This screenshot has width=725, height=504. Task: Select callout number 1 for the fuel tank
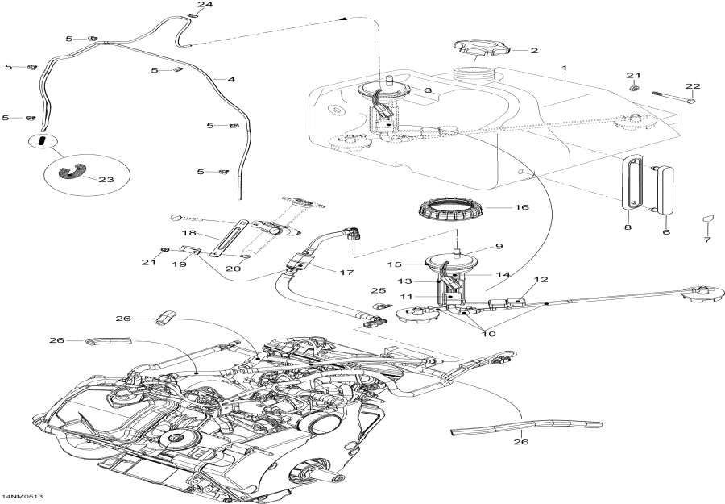point(565,69)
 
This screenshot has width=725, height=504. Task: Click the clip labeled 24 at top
point(194,16)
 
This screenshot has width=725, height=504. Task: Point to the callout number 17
point(347,273)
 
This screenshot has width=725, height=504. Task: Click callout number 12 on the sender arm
point(541,280)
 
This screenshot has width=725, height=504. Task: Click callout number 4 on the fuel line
point(231,80)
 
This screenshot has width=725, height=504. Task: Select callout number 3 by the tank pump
point(428,90)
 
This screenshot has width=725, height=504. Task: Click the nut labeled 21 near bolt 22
point(634,88)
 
